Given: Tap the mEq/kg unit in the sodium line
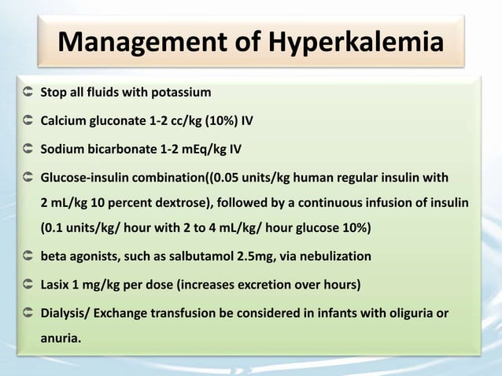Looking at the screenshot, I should pyautogui.click(x=205, y=148).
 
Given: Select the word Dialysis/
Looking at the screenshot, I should pyautogui.click(x=66, y=313).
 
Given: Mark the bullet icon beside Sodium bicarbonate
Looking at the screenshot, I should pyautogui.click(x=28, y=148).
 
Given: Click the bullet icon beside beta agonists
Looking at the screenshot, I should pyautogui.click(x=28, y=256).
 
